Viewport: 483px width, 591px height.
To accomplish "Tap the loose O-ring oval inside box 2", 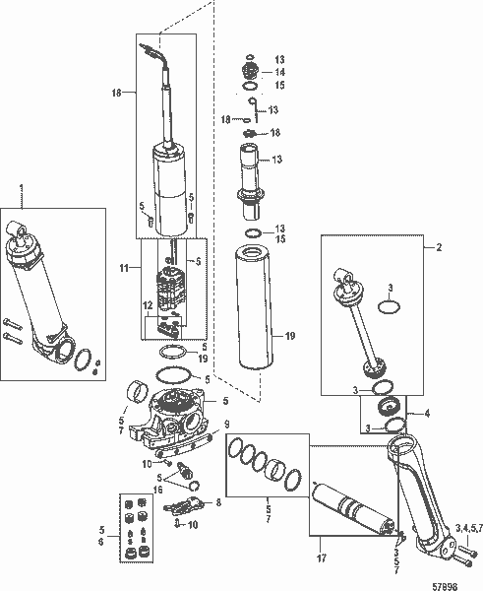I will click(390, 305).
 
